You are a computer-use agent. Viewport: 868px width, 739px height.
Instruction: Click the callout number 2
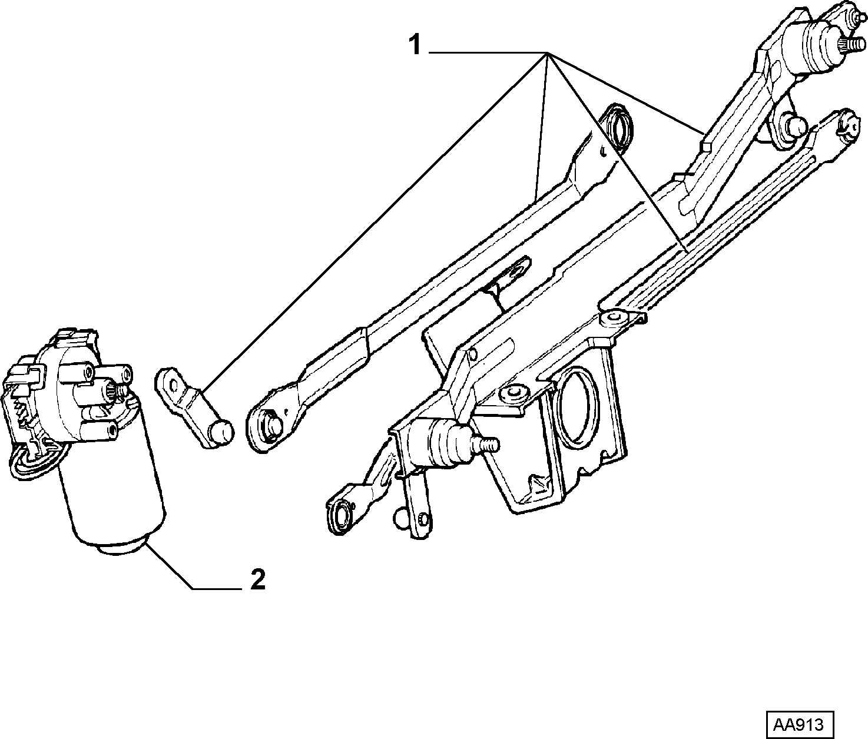click(x=258, y=580)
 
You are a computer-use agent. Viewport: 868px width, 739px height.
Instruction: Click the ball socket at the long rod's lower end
click(x=271, y=429)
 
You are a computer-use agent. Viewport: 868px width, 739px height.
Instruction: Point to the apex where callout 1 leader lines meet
click(x=547, y=53)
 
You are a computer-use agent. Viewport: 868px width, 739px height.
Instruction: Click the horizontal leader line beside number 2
click(x=217, y=589)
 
